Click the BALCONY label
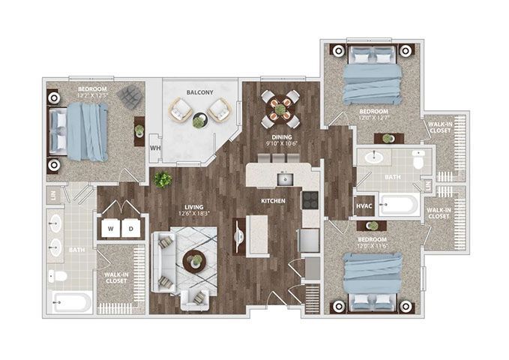pos(199,93)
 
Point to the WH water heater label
pos(155,148)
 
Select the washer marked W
pos(109,228)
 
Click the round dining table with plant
pos(280,109)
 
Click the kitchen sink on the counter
pos(285,178)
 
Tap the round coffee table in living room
pos(194,261)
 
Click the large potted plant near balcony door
pos(162,179)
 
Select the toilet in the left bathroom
pos(58,276)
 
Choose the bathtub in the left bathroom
pos(72,302)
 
